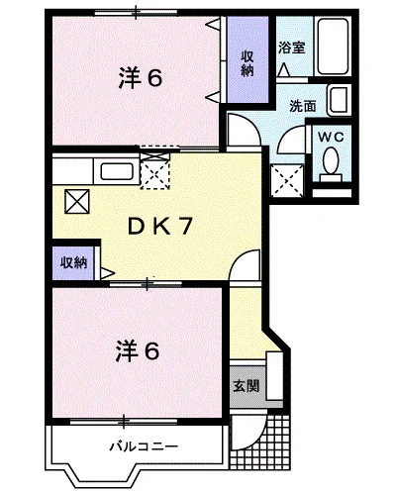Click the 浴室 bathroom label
291,49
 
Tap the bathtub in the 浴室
334,46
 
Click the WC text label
331,137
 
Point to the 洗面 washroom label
303,106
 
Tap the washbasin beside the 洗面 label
339,100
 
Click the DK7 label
160,227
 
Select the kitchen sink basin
117,171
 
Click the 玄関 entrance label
247,386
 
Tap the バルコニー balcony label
144,446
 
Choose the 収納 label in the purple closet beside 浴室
247,63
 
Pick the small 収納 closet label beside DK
73,263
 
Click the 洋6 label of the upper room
141,78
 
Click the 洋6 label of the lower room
138,351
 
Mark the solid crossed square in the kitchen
77,201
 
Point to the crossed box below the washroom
287,180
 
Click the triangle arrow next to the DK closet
108,273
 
